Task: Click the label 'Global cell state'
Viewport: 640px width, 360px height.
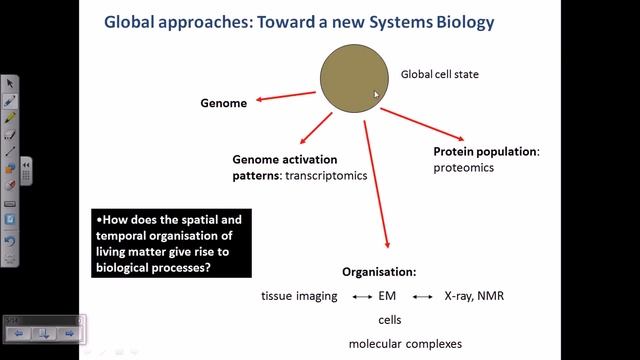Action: [441, 74]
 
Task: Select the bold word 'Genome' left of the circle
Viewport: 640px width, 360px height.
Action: [223, 102]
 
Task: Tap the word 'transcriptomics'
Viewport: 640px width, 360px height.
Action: [327, 176]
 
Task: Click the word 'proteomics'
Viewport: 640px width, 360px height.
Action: [464, 168]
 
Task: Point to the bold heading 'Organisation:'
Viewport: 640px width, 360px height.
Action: [379, 272]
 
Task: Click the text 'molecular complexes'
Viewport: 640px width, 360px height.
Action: [405, 343]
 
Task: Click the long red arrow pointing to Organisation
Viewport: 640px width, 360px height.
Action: [376, 185]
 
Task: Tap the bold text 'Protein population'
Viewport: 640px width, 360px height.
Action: [485, 152]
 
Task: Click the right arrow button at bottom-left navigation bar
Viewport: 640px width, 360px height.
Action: [69, 332]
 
